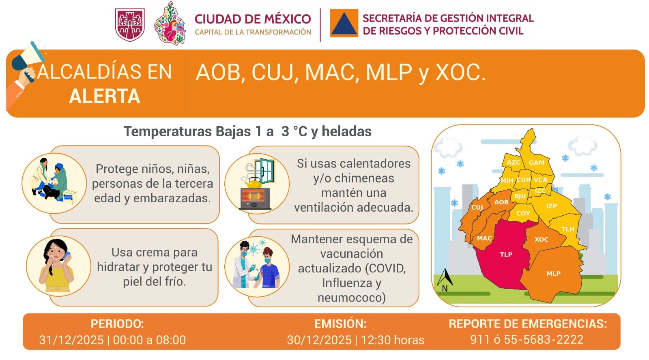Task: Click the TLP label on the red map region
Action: (x=506, y=255)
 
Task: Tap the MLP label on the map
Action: (x=553, y=274)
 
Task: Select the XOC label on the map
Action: (x=541, y=240)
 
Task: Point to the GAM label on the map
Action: (x=536, y=163)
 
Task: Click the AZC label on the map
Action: (x=513, y=162)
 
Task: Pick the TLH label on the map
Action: (x=568, y=229)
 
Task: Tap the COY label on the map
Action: (x=523, y=213)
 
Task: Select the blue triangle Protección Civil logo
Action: (x=344, y=24)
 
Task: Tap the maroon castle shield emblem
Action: (x=130, y=25)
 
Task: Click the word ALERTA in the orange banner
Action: (x=104, y=96)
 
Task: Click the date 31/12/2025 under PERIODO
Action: (x=71, y=340)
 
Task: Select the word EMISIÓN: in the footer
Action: (x=340, y=324)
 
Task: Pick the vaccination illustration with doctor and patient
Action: (x=257, y=266)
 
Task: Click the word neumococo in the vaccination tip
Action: (x=351, y=298)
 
